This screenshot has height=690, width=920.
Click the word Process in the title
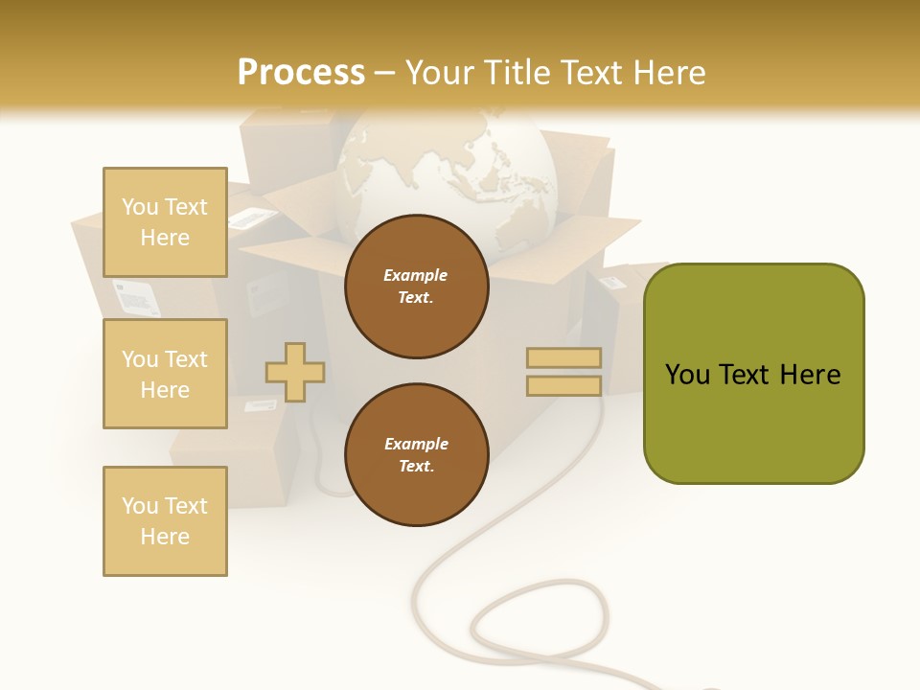tap(301, 72)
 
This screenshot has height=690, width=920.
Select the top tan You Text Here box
tap(165, 222)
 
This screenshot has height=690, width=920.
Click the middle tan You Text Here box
tap(165, 374)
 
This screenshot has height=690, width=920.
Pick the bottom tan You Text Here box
tap(165, 521)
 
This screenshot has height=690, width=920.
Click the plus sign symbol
tap(295, 372)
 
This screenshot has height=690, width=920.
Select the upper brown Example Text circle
tap(416, 287)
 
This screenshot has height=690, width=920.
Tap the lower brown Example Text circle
tap(416, 455)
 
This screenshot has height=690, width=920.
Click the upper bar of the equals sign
tap(563, 358)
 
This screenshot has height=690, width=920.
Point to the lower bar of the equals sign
tap(563, 386)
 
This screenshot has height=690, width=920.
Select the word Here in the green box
tap(810, 375)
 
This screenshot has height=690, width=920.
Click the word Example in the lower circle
tap(416, 444)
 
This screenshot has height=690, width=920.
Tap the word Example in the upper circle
tap(416, 275)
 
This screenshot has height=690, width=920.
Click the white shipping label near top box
tap(251, 218)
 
